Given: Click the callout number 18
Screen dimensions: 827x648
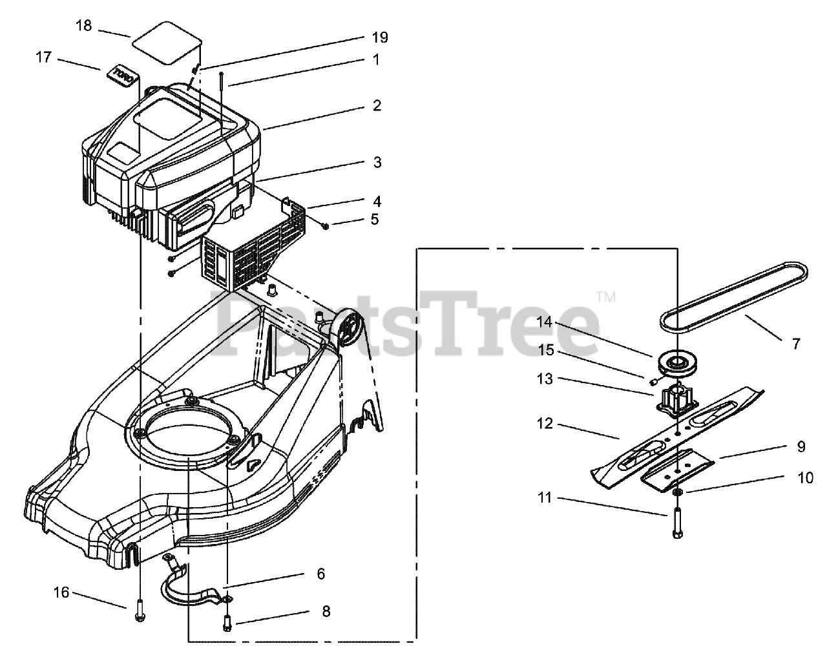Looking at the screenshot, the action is click(x=84, y=26).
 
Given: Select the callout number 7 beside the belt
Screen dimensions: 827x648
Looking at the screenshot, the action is click(x=796, y=344).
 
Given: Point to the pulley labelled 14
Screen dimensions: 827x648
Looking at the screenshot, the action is click(x=676, y=363).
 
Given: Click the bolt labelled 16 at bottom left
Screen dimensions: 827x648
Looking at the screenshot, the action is click(x=140, y=609).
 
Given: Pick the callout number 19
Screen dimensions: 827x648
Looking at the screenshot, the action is click(x=380, y=37).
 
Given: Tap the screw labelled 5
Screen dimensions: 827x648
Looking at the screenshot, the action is click(x=325, y=225).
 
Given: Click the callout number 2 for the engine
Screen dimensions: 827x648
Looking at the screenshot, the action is click(x=377, y=105).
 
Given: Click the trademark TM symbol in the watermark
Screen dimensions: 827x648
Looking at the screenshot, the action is click(x=605, y=298).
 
